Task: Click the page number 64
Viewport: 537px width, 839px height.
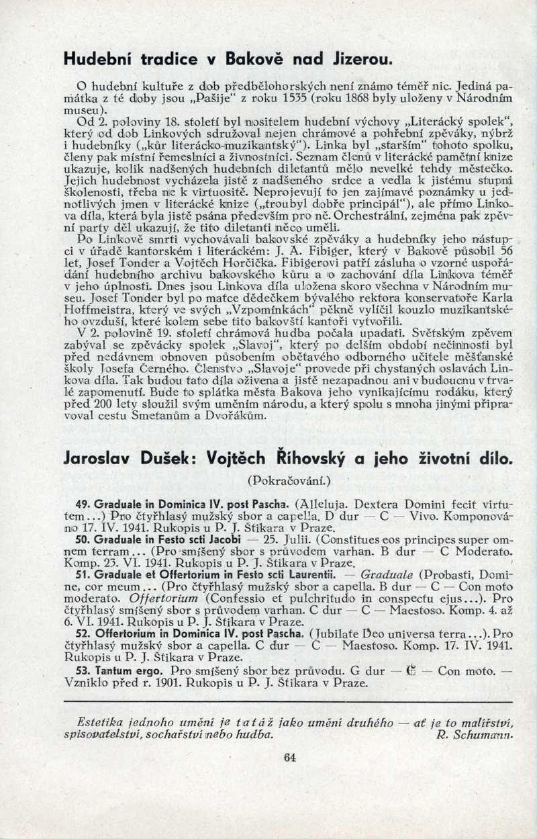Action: [x=289, y=757]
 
